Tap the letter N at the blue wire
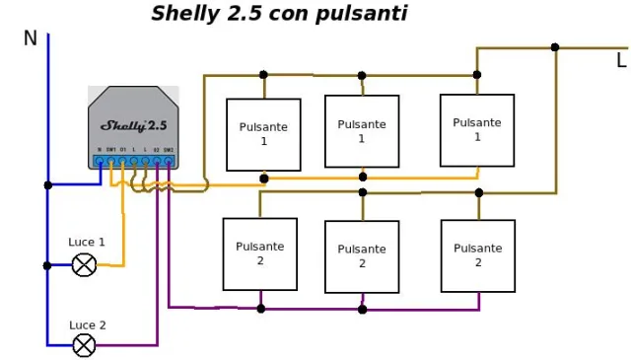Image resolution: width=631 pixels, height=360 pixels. [31, 38]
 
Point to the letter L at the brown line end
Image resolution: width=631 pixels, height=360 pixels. [620, 61]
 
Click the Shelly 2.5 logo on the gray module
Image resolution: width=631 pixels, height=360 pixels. [134, 125]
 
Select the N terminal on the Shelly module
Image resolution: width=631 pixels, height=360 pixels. [100, 160]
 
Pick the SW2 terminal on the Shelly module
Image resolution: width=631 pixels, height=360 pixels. [169, 160]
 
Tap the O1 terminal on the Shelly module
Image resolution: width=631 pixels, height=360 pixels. [122, 160]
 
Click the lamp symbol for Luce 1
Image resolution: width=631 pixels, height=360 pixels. [85, 264]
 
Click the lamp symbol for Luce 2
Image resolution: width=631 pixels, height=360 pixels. [85, 344]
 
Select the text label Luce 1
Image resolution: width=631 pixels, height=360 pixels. [87, 242]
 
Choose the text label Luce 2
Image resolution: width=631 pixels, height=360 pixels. [87, 324]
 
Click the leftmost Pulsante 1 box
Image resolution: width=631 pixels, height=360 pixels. [263, 134]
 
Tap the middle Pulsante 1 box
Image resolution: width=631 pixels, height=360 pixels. [362, 131]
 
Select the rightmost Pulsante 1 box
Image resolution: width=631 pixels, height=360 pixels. [477, 129]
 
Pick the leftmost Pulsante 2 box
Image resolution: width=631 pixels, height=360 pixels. [260, 253]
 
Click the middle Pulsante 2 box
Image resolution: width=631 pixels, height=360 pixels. [362, 256]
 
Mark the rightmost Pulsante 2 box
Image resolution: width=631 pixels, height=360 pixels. [478, 255]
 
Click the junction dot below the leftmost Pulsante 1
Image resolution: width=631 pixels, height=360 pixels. [263, 179]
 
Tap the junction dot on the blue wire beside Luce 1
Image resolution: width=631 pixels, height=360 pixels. [47, 265]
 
